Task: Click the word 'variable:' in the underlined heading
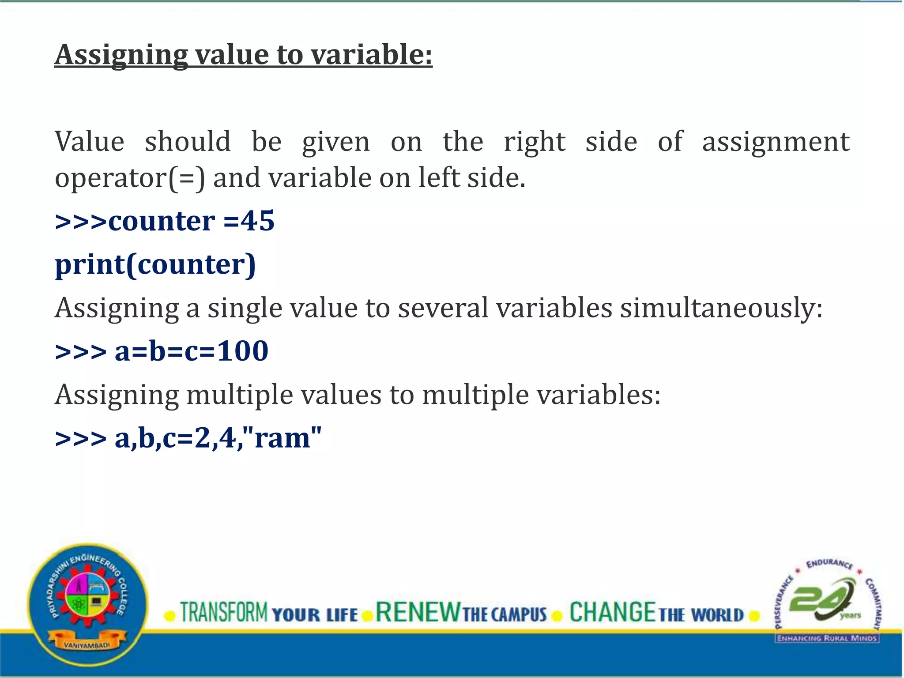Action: [x=371, y=55]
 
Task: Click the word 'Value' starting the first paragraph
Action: [x=90, y=142]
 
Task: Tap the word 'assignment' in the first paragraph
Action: [x=776, y=142]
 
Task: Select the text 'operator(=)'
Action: [x=130, y=178]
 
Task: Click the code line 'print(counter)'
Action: [x=155, y=264]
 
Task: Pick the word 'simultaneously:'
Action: [x=721, y=308]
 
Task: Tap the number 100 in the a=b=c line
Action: [x=243, y=351]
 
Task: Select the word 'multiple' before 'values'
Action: [x=239, y=394]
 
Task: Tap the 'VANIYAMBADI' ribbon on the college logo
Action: [x=87, y=645]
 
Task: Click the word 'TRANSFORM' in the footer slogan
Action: [x=224, y=612]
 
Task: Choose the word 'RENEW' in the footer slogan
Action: [x=418, y=612]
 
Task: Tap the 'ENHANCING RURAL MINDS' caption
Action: [x=827, y=638]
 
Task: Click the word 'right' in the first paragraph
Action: [x=535, y=142]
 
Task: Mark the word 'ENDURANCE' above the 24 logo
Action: [x=829, y=564]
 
